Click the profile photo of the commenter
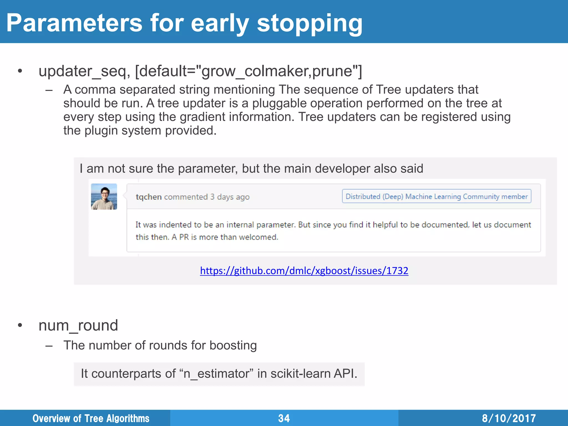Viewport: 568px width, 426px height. (104, 197)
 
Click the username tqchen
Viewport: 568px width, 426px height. (148, 197)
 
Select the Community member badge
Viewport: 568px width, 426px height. (436, 196)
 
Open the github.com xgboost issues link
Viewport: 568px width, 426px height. (304, 270)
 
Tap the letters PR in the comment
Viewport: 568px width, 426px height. (184, 237)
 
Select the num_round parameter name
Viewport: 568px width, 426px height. (78, 325)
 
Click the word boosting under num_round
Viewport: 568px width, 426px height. (233, 346)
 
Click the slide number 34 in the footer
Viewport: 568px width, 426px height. (284, 418)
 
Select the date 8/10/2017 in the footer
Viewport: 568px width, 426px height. (509, 418)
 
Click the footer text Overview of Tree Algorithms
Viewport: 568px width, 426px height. (91, 418)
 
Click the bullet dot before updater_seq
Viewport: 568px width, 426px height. (20, 71)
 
